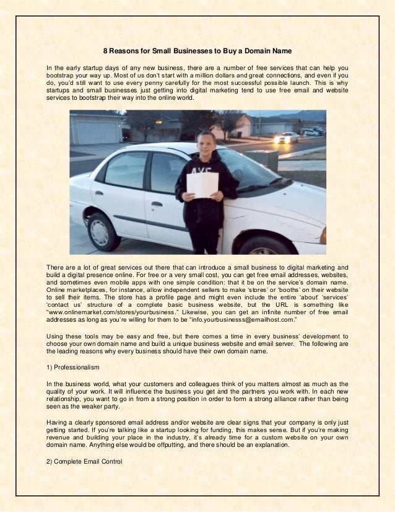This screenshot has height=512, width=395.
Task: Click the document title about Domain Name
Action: (197, 51)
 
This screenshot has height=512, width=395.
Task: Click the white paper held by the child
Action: (203, 185)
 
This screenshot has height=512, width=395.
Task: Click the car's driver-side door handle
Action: (157, 203)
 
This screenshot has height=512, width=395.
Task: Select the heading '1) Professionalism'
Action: (72, 368)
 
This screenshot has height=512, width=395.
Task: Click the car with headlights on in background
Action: (286, 138)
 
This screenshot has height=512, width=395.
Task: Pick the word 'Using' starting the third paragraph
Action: (55, 335)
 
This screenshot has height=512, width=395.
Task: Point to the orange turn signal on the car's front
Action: (323, 236)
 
